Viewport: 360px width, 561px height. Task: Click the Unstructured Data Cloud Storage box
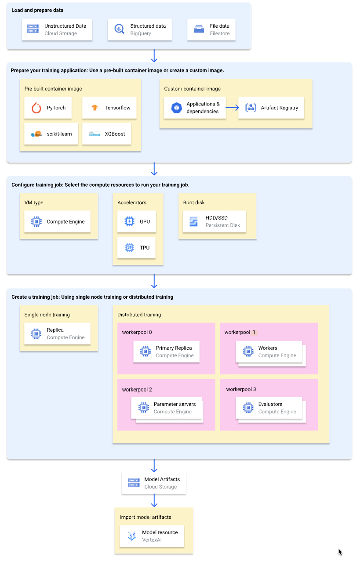(57, 29)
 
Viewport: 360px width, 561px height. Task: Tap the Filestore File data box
(211, 29)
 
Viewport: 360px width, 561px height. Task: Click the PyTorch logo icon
(36, 108)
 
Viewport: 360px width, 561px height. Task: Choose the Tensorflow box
(109, 108)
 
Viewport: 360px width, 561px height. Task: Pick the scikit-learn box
(51, 134)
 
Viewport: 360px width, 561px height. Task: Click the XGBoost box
(109, 134)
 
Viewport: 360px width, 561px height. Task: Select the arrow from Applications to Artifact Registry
(232, 108)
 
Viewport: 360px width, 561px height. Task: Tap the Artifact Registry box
(271, 108)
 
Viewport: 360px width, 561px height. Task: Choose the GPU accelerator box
(137, 222)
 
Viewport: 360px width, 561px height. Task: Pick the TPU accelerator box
(137, 248)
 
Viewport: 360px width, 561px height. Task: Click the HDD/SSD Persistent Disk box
(214, 222)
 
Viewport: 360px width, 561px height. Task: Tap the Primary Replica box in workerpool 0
(167, 351)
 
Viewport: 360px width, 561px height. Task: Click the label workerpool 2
(137, 390)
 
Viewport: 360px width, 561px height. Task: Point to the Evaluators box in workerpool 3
(269, 408)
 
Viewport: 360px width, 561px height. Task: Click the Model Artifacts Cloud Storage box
(154, 483)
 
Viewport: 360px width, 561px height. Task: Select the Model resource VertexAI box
(152, 536)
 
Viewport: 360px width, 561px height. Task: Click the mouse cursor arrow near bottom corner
(340, 552)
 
